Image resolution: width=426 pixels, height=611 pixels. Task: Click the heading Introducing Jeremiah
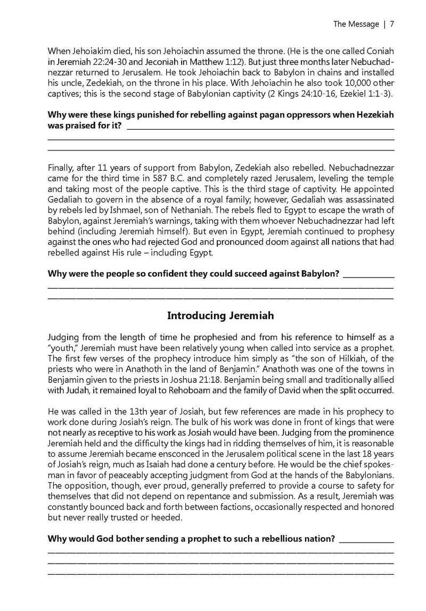(220, 315)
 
